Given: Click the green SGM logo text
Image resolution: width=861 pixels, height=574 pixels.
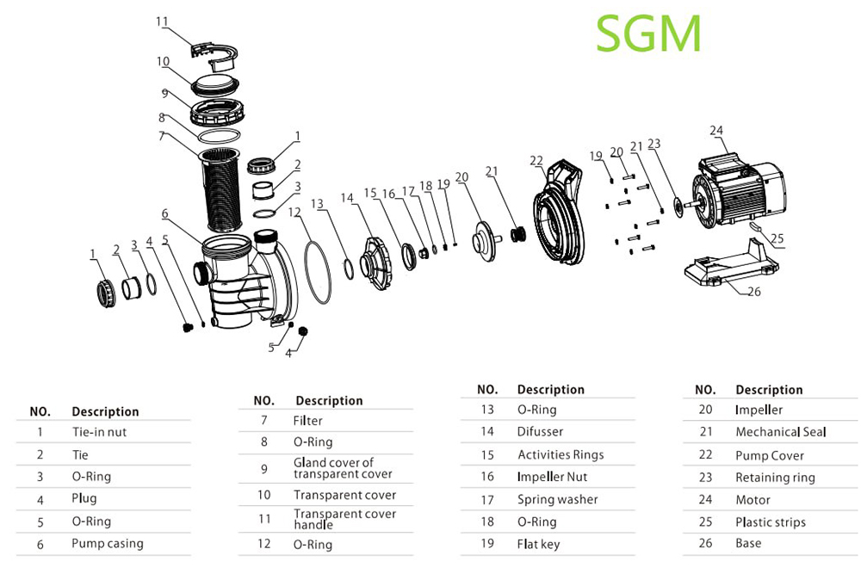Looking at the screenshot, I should click(x=648, y=34).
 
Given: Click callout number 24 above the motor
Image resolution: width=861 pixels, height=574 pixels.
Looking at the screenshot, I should click(x=716, y=131).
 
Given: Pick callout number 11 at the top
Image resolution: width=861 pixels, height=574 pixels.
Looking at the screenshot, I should click(x=163, y=21).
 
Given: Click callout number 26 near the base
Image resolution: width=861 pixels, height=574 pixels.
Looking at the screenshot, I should click(x=753, y=292).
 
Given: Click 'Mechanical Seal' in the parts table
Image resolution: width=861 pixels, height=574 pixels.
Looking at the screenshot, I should click(x=780, y=432).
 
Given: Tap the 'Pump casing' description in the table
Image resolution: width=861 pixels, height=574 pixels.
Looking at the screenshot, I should click(x=108, y=544).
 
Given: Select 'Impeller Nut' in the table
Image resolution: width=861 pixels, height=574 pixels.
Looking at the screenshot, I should click(x=552, y=477).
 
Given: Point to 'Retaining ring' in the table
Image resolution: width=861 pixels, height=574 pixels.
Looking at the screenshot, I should click(x=775, y=478).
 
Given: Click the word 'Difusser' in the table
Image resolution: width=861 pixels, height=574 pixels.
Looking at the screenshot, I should click(x=541, y=432).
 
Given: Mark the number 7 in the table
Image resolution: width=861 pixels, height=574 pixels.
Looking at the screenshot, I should click(x=264, y=421).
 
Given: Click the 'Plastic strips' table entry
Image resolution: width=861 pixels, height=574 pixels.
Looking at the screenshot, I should click(x=771, y=522).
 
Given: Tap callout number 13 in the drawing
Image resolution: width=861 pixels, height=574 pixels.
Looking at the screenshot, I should click(x=318, y=204).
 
